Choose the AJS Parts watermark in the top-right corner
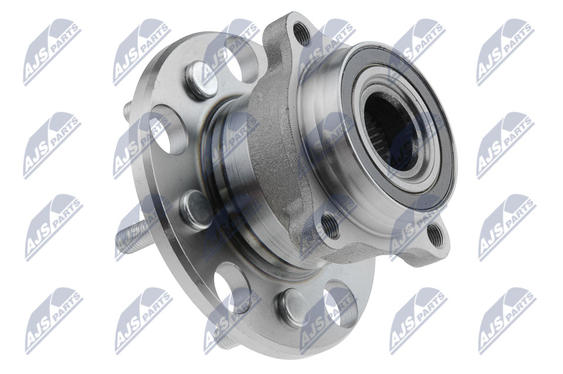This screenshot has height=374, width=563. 504,52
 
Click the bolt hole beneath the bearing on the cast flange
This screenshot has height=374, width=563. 330,226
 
